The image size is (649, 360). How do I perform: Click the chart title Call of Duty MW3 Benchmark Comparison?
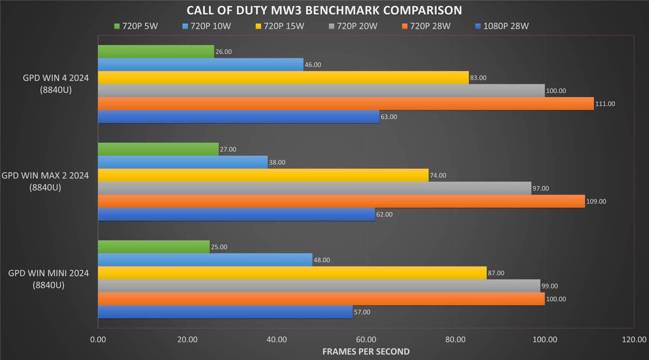point(324,10)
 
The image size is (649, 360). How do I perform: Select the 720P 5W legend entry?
point(136,26)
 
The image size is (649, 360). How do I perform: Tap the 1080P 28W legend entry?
point(502,26)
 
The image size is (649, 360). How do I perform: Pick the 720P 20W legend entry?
point(352,26)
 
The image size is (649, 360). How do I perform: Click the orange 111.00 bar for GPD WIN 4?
point(346,104)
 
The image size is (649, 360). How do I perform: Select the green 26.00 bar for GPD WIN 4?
point(156,51)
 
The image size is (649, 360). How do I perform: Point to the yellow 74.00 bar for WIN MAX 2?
point(263,175)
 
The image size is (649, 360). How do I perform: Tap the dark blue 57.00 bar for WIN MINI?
point(225,312)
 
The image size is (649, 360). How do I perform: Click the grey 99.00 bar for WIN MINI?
point(319,286)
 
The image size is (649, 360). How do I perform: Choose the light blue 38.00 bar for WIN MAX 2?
point(183,162)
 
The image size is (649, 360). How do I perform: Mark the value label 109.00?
point(596,201)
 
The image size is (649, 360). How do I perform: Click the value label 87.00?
point(496,273)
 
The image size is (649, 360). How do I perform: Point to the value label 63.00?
point(389,117)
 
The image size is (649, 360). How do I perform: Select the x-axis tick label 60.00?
point(366,340)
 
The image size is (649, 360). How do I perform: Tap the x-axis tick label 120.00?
point(634,340)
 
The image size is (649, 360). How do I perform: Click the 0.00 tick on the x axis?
point(98,340)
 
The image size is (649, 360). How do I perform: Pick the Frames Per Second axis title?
point(366,351)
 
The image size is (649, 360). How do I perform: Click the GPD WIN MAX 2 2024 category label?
point(45,181)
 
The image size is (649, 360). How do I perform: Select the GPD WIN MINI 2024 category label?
point(48,279)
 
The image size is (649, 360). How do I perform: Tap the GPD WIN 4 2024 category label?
point(56,84)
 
